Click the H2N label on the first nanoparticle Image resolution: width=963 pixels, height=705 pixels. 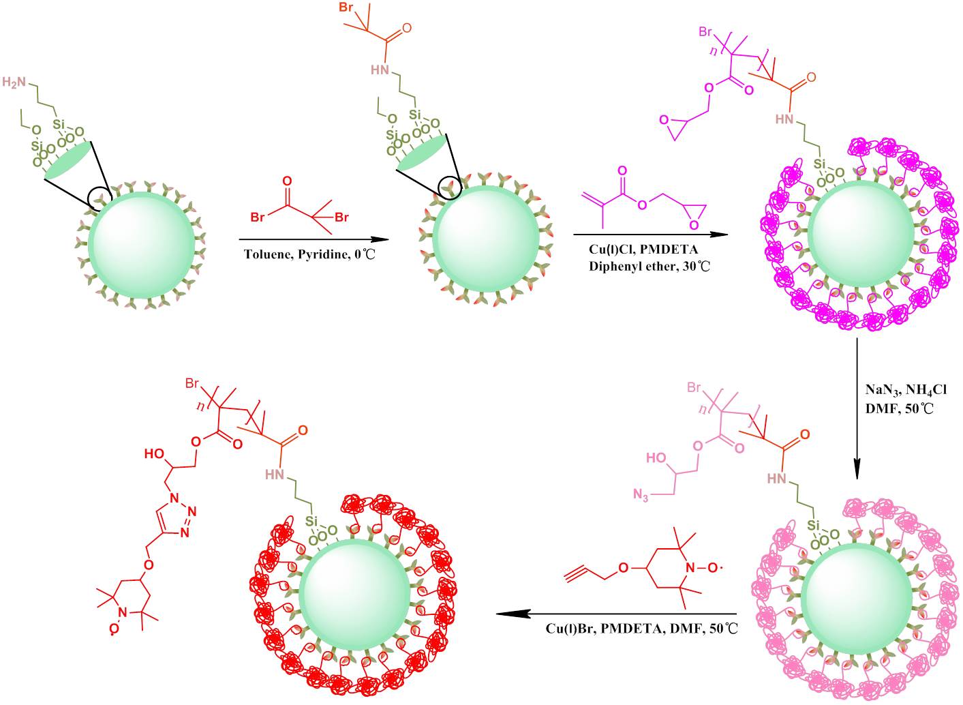(x=16, y=82)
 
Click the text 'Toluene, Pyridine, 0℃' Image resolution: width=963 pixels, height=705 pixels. (x=311, y=255)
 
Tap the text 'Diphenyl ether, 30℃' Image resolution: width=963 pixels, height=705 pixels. (x=649, y=266)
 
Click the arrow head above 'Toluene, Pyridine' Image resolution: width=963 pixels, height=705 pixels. (x=376, y=239)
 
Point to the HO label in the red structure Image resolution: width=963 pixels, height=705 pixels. (x=153, y=453)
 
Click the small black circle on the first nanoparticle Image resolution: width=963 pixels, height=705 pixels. (x=100, y=197)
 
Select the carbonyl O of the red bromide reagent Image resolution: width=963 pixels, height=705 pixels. (x=287, y=181)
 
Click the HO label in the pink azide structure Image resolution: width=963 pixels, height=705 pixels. (x=655, y=458)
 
